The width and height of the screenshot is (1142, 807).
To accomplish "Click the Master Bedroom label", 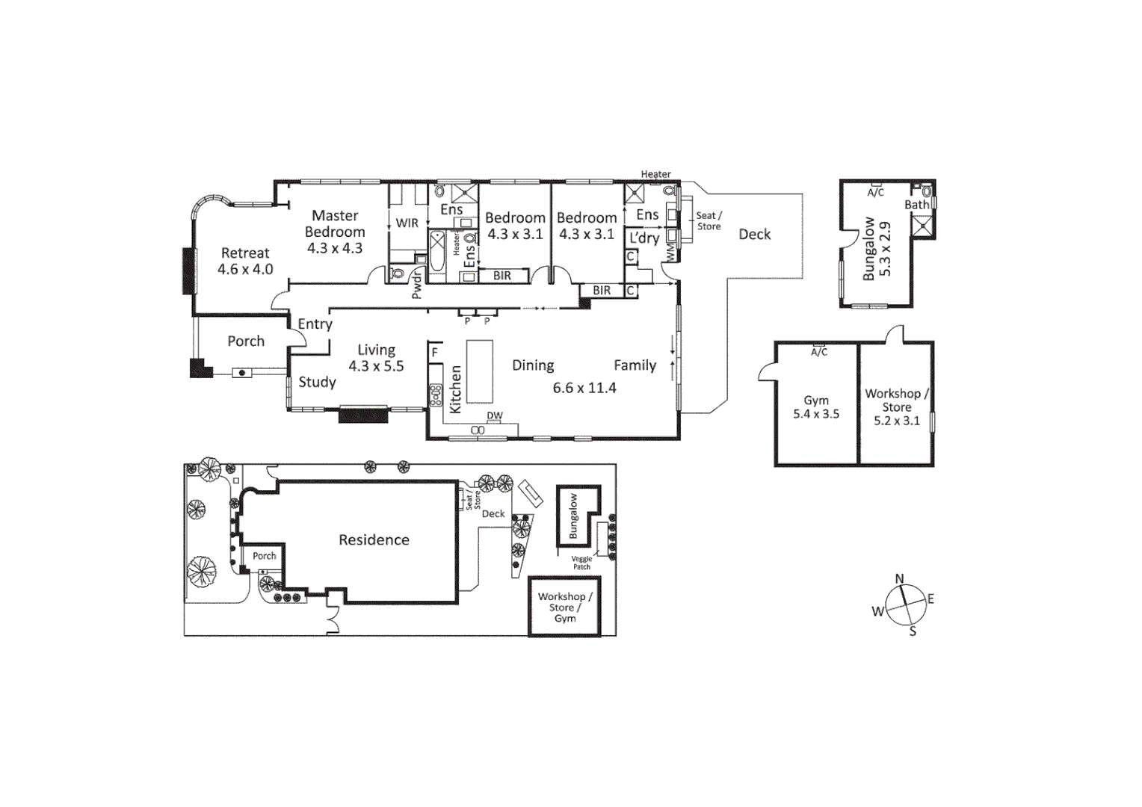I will click(335, 224).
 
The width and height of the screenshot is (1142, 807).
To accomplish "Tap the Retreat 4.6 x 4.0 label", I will click(245, 261).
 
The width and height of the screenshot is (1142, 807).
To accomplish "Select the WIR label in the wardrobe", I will click(407, 223).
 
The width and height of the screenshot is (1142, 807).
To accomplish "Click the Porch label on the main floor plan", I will click(246, 341).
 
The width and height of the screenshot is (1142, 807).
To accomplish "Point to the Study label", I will click(317, 382).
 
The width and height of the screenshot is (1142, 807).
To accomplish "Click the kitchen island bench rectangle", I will click(480, 371).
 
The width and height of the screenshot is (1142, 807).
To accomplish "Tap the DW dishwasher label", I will click(495, 415).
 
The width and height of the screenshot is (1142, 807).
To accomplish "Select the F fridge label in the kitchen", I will click(435, 352).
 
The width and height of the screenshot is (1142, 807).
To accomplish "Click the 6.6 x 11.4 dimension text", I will click(584, 388).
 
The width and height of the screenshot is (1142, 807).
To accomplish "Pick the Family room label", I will click(635, 365).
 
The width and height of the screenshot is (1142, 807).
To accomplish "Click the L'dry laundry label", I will click(643, 238).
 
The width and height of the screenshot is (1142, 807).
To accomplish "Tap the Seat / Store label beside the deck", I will click(709, 220).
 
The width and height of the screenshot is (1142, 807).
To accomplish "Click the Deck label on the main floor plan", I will click(754, 234).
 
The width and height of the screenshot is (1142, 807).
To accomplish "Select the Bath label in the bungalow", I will click(916, 204).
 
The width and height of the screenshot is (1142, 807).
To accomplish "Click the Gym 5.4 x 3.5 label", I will click(816, 407).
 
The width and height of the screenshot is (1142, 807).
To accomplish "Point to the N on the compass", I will click(899, 578).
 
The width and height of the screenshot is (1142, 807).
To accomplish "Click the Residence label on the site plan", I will click(374, 539).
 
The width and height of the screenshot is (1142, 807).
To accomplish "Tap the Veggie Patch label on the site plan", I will click(581, 563).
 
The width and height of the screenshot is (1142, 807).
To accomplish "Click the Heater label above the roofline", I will click(655, 174).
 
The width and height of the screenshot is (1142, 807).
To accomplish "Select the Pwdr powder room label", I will click(417, 285).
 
